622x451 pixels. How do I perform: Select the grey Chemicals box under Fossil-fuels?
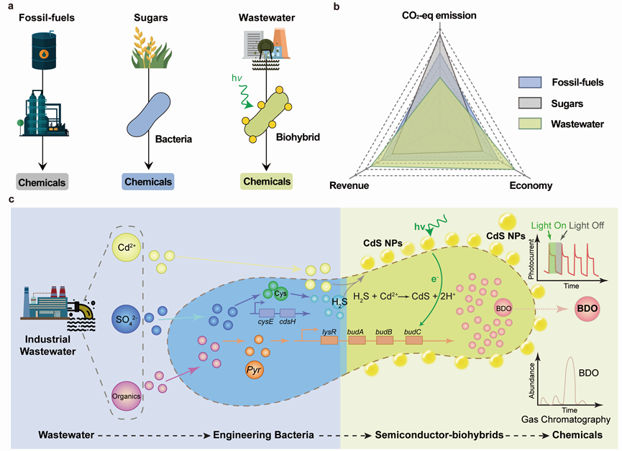(x=42, y=182)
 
